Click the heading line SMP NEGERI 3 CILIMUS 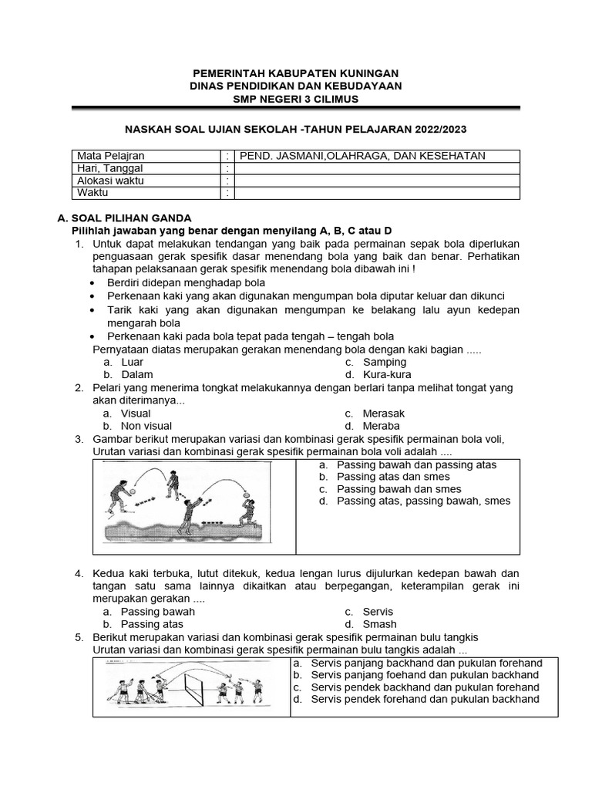[x=296, y=100]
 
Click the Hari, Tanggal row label [x=110, y=168]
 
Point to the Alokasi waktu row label [x=110, y=181]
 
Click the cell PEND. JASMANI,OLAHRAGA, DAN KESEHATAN [x=362, y=156]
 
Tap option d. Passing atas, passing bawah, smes [x=423, y=501]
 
